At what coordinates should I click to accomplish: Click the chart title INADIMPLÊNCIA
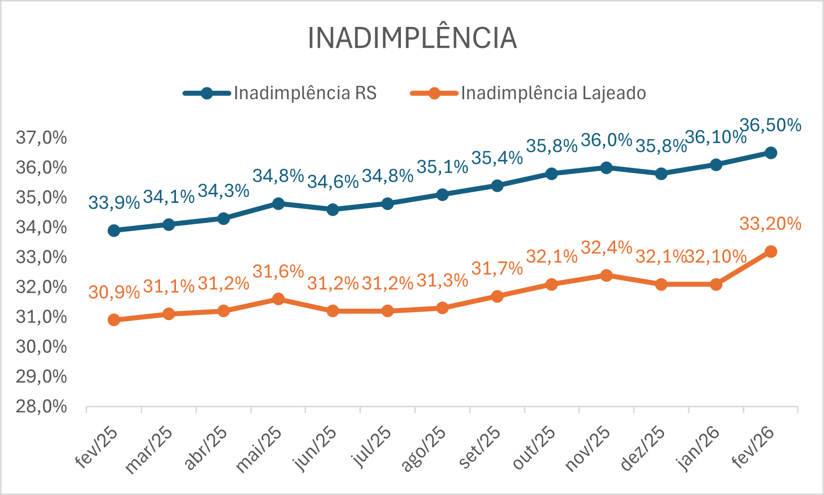(412, 38)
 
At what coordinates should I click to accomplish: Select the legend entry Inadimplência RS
(305, 93)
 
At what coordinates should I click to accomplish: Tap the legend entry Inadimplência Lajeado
(553, 93)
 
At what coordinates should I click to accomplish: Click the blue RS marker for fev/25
(114, 230)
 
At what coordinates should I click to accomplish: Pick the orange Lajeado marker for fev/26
(771, 252)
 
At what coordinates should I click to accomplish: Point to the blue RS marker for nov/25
(606, 167)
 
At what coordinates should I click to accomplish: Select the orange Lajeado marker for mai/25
(278, 299)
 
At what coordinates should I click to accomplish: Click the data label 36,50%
(770, 125)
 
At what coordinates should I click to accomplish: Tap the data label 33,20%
(770, 224)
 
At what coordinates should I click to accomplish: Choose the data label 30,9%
(114, 292)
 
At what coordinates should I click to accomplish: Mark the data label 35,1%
(442, 167)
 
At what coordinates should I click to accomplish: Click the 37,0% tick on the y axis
(41, 138)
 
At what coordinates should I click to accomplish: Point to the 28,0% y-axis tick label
(41, 407)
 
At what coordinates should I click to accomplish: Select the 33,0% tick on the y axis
(41, 257)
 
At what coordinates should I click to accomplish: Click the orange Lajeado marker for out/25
(551, 285)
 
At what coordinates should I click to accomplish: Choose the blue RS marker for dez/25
(661, 173)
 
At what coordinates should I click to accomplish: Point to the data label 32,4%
(606, 247)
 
